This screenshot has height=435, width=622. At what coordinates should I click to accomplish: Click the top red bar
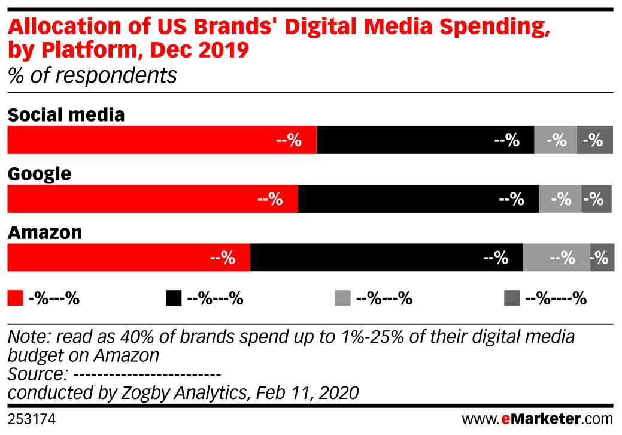tap(162, 140)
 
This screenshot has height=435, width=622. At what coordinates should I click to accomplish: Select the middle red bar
tap(152, 198)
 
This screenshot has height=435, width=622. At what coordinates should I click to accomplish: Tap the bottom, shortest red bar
tap(128, 258)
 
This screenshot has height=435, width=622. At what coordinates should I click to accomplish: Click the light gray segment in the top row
tap(556, 140)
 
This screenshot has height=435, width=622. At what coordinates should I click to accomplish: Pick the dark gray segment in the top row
tap(594, 140)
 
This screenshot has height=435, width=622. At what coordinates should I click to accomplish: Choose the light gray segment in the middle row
tap(560, 198)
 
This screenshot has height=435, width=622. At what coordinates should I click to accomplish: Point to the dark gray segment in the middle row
tap(596, 198)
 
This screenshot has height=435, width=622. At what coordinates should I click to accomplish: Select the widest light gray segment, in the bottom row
tap(556, 258)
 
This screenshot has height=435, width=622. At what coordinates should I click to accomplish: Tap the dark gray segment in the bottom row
tap(602, 258)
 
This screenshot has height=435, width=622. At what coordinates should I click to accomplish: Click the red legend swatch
tap(15, 298)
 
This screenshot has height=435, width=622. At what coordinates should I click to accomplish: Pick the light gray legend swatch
tap(342, 298)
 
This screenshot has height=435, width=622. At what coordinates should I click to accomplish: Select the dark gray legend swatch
tap(512, 298)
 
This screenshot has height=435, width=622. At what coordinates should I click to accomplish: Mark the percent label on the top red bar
tap(289, 140)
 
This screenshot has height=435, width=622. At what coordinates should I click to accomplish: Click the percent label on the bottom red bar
tap(223, 258)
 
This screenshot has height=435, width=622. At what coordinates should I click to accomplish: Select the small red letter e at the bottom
tap(506, 419)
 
